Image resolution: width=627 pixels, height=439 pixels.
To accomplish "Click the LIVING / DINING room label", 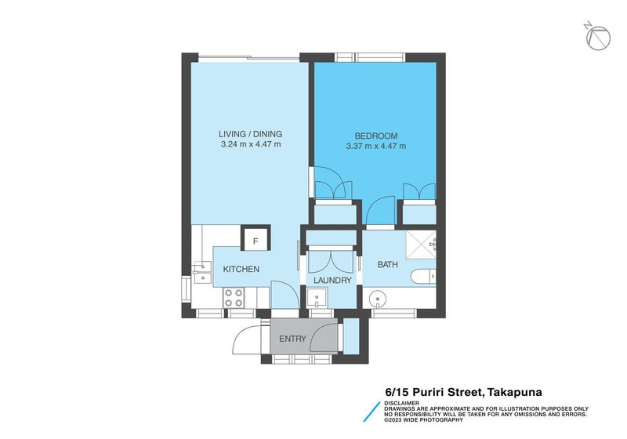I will pyautogui.click(x=250, y=134).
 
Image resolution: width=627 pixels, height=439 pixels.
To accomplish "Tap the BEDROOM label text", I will pyautogui.click(x=376, y=135).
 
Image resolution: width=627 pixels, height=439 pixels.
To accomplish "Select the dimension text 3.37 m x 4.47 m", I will pyautogui.click(x=376, y=146).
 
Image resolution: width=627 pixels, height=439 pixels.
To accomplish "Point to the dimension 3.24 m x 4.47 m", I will pyautogui.click(x=250, y=145).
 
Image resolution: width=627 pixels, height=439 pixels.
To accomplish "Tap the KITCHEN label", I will pyautogui.click(x=241, y=269).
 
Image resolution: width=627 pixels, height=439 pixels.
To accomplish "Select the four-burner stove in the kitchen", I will pyautogui.click(x=234, y=296).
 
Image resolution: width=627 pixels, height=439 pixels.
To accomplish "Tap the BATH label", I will pyautogui.click(x=387, y=265).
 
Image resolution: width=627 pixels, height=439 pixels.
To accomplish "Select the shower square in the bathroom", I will pyautogui.click(x=422, y=245).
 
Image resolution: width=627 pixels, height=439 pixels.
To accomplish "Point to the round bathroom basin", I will pyautogui.click(x=379, y=299).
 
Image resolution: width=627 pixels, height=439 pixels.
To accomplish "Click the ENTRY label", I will pyautogui.click(x=292, y=339).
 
